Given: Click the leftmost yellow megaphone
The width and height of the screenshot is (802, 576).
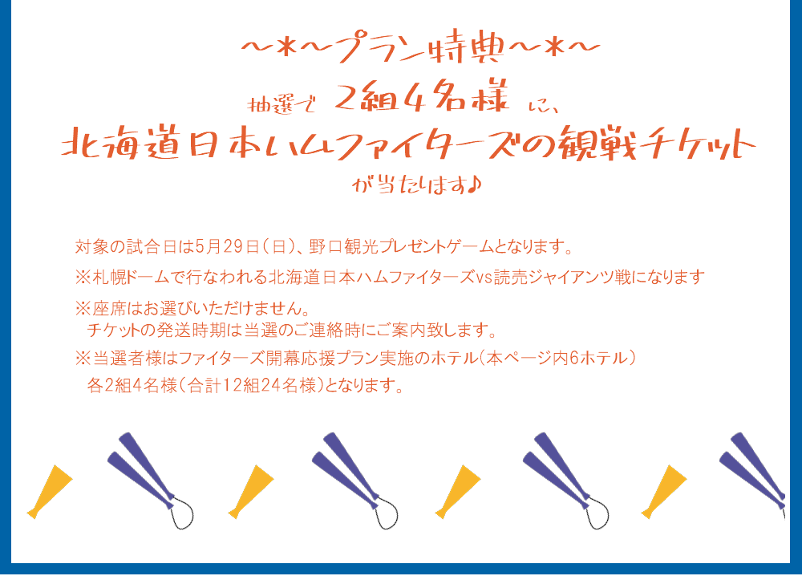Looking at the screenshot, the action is [50, 491].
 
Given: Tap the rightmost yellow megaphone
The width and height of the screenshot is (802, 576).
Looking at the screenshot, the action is [664, 491].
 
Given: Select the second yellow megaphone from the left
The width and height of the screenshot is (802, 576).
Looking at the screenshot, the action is [250, 491].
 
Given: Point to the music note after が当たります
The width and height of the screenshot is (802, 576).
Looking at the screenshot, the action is [475, 185].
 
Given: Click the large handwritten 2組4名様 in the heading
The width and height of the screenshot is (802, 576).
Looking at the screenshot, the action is [423, 95].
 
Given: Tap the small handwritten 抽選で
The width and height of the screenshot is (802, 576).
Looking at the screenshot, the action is [281, 105].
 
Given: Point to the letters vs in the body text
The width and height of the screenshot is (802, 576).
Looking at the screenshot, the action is [484, 279].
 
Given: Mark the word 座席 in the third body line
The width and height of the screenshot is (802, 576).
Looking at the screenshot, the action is [109, 309].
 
